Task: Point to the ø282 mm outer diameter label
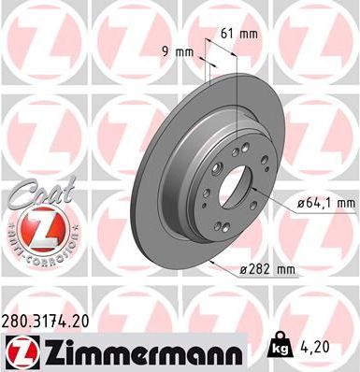pos(266,269)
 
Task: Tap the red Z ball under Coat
pos(35,227)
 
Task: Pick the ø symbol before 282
pos(244,269)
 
